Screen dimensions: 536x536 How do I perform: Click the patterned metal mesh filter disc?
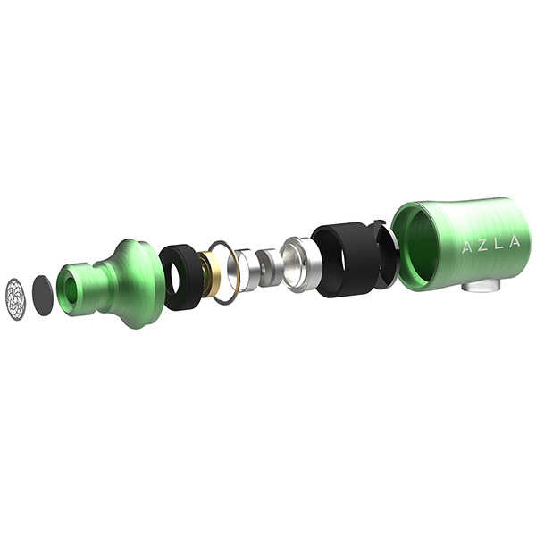(x=16, y=300)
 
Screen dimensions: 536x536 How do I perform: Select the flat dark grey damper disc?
(x=43, y=296)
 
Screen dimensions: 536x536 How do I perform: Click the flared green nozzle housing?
(x=109, y=283)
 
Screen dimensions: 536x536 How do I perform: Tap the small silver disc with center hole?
(x=268, y=268)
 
